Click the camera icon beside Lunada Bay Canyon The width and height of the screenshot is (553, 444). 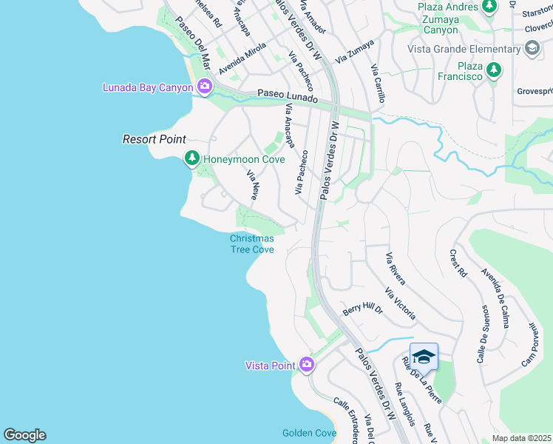coord(205,87)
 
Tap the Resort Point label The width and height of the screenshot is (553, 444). coord(154,139)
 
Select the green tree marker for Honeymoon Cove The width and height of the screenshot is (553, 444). coord(191,158)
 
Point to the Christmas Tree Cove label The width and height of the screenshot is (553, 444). coord(251,243)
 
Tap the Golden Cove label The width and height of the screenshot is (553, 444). coord(309,433)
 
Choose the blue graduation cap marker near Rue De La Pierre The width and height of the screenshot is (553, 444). coord(424,357)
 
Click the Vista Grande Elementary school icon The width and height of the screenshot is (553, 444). coord(532,49)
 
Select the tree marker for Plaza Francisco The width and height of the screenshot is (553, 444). coord(492,70)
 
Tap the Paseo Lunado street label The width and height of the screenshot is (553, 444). coord(287,98)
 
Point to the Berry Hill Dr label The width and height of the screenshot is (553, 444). coord(362,308)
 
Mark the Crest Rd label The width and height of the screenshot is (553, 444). coord(458,263)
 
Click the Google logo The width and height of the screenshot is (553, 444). coord(24,435)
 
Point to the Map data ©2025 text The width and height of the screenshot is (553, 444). coord(521,438)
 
